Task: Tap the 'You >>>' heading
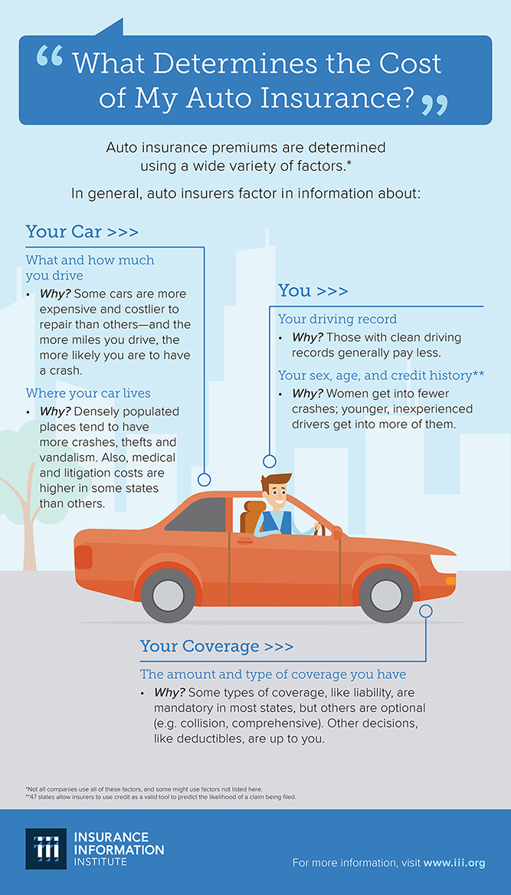coord(313,290)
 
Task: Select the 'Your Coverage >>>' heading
coord(216,647)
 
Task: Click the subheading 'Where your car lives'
coord(88,393)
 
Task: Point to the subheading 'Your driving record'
coord(337,319)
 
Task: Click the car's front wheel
coord(386,595)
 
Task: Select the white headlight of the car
coord(444,563)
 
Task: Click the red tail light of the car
coord(83,556)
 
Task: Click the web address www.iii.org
coord(454,862)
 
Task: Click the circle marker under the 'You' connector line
coord(269,461)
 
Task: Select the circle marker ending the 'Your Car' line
coord(204,480)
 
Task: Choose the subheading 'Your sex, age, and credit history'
coord(381,375)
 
